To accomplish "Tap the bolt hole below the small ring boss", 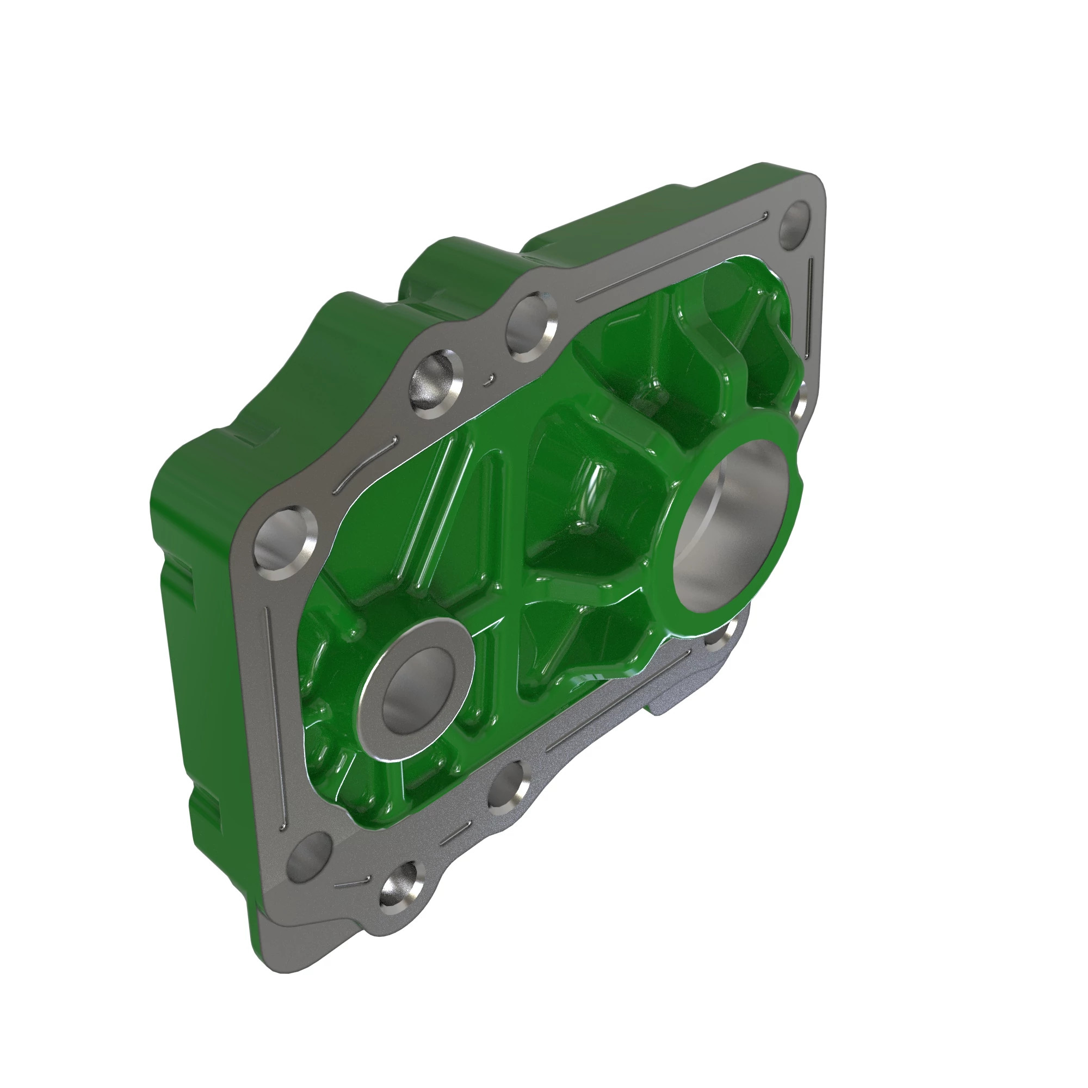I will click(509, 787).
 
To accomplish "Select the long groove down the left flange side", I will click(275, 715).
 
